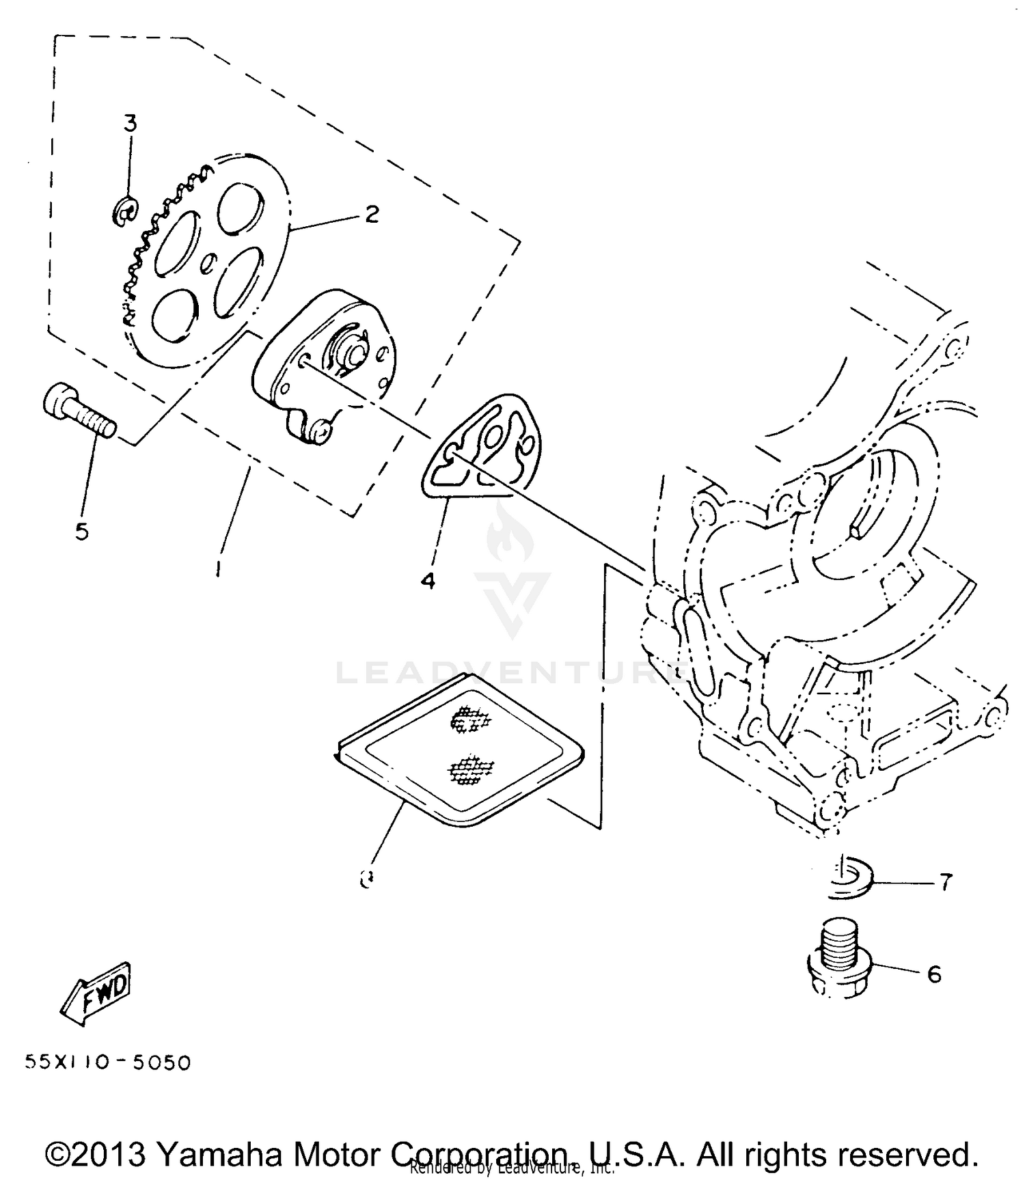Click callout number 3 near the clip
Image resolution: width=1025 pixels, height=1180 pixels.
point(130,124)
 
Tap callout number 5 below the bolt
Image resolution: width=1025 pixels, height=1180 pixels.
point(82,531)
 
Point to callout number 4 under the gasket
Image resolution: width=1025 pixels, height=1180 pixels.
point(428,581)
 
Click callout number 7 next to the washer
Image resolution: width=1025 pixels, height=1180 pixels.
point(945,883)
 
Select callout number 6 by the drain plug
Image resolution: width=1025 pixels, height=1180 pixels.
point(935,974)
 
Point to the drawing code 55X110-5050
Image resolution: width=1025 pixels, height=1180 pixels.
point(108,1062)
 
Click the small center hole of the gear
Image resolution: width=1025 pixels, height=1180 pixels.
point(210,262)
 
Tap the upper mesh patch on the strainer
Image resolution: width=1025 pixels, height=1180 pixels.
point(470,719)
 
